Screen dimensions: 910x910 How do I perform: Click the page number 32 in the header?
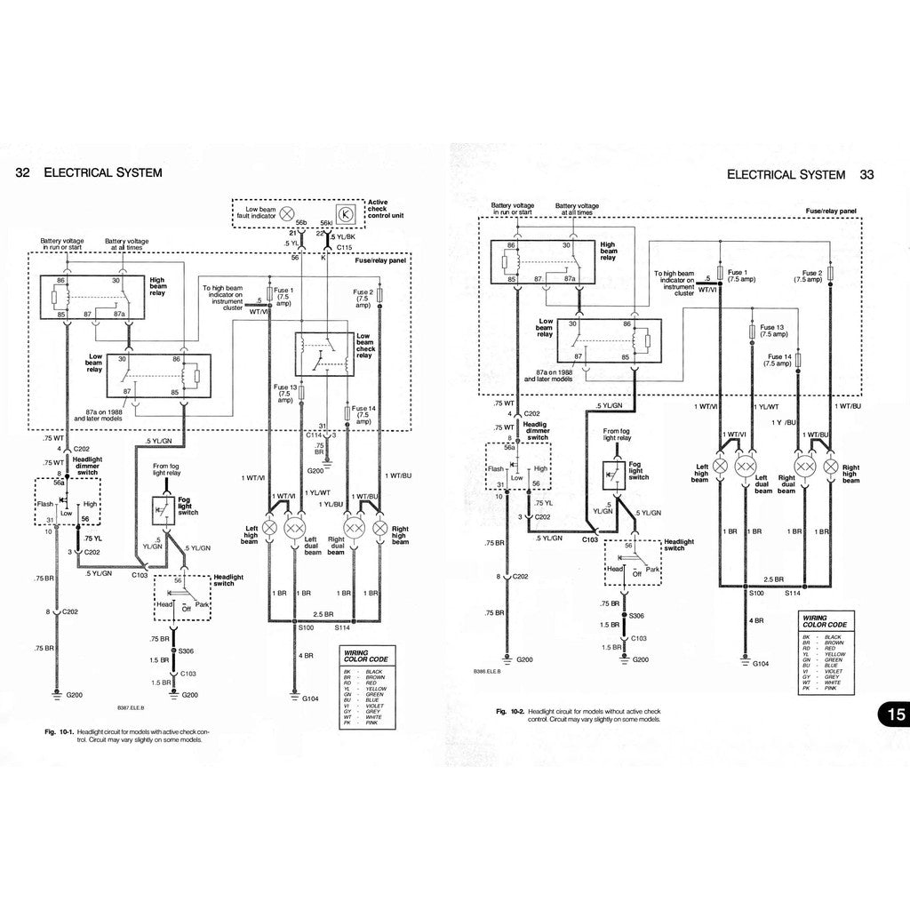tap(25, 172)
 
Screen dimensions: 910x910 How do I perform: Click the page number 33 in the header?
tap(866, 175)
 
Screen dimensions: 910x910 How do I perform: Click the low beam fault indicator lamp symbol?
tap(287, 213)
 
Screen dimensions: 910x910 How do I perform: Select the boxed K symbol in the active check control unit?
tap(348, 213)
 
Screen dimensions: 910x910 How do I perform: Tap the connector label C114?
tap(312, 435)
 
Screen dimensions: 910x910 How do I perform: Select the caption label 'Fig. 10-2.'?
tap(510, 712)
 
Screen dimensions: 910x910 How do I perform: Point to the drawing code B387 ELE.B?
tap(130, 708)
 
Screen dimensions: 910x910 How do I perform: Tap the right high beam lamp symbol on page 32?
tap(380, 528)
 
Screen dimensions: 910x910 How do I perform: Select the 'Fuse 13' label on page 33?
tap(772, 329)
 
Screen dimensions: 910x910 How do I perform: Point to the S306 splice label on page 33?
tap(637, 615)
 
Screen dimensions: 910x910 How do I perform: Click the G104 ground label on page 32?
tap(309, 699)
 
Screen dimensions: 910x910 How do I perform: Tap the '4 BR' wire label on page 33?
tap(757, 620)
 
